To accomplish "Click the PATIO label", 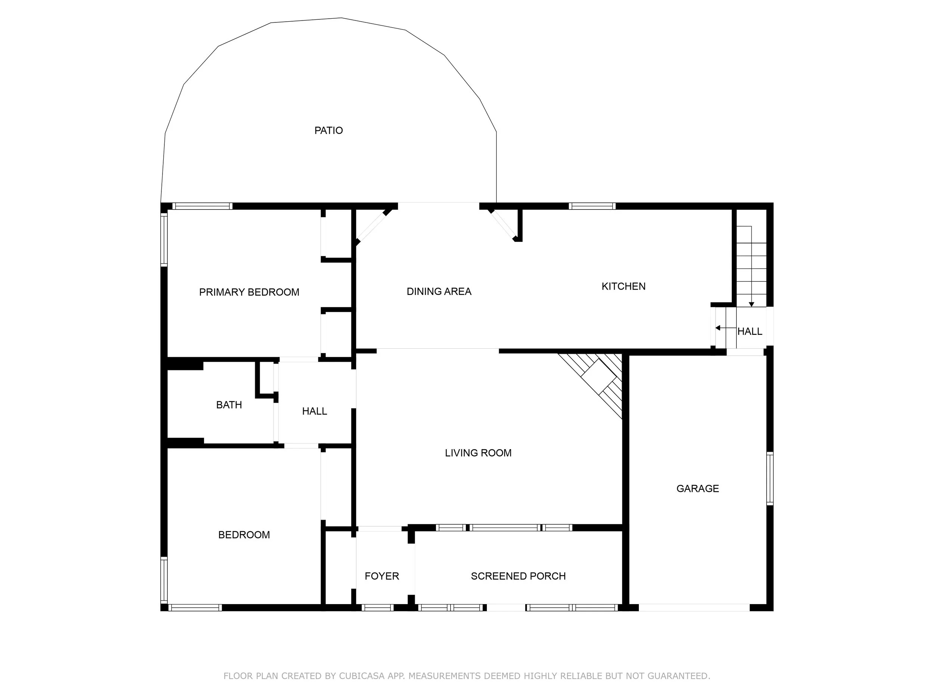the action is click(x=328, y=130).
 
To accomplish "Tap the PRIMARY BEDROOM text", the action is click(x=249, y=292).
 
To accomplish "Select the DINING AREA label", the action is click(x=439, y=291).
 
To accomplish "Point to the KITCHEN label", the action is click(x=624, y=286).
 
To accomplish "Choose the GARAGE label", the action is click(x=698, y=488).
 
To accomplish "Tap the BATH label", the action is click(x=229, y=405).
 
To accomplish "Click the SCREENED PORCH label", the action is click(x=518, y=576).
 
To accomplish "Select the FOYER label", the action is click(x=382, y=576).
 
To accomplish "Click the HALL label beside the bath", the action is click(x=315, y=411).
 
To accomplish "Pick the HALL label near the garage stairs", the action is click(x=750, y=331).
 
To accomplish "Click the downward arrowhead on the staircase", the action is click(x=752, y=304).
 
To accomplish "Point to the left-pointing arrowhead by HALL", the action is click(x=718, y=328).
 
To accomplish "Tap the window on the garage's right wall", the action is click(x=770, y=479).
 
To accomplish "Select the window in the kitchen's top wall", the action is click(x=592, y=206).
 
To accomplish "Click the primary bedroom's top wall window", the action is click(x=202, y=206).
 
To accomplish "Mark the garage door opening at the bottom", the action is click(x=694, y=607).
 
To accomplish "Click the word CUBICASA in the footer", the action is click(x=361, y=676).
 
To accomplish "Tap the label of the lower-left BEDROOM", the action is click(x=244, y=535).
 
